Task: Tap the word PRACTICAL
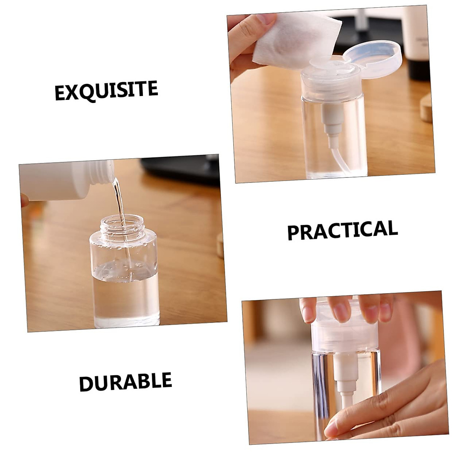[x=342, y=230]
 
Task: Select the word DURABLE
[x=125, y=382]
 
